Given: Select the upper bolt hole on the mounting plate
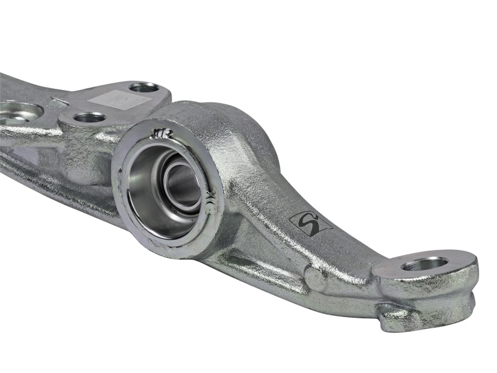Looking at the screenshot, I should tap(144, 88).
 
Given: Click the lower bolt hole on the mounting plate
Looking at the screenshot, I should tap(89, 117).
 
